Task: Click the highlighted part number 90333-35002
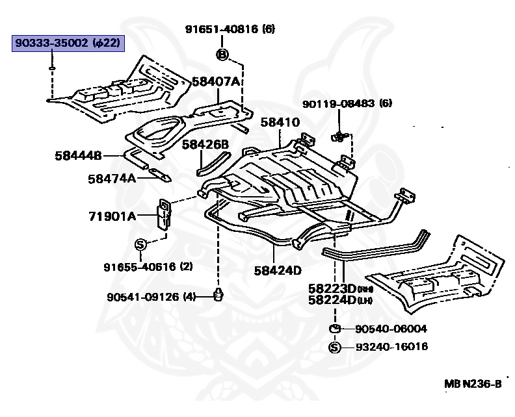51,43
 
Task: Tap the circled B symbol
222,55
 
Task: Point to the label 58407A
216,82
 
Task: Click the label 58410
280,122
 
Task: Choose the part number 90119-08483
338,104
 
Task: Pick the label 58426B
205,144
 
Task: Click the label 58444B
78,155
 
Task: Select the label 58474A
112,179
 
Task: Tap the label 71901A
112,216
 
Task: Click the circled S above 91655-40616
140,244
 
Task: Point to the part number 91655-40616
140,267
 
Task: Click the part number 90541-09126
143,297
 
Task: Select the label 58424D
278,271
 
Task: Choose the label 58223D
332,289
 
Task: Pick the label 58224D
332,300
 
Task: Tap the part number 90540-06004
391,329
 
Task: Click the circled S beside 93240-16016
335,347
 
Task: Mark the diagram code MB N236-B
473,383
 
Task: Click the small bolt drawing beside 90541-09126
218,294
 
